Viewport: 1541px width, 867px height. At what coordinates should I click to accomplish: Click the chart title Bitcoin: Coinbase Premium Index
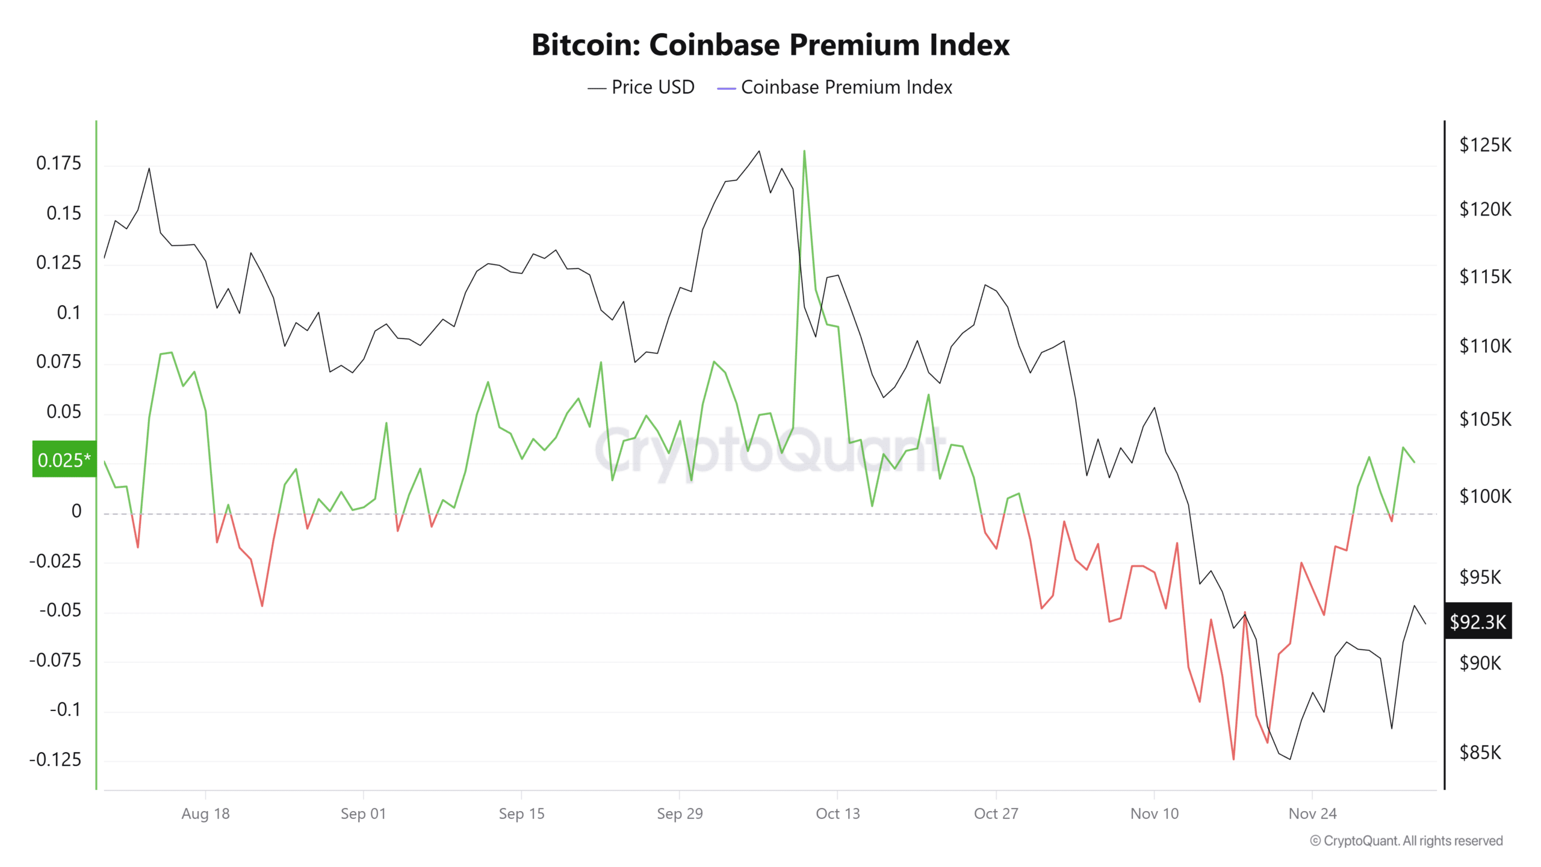click(770, 45)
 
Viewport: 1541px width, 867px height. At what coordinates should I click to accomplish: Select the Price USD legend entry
click(641, 87)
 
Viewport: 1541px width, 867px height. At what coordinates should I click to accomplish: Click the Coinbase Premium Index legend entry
click(835, 87)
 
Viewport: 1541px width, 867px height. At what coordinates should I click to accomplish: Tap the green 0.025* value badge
click(64, 460)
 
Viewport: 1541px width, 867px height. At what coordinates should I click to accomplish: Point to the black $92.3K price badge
click(1478, 621)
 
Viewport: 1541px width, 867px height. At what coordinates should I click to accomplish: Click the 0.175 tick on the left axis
click(58, 163)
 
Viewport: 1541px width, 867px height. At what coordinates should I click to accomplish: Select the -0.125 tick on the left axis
click(55, 759)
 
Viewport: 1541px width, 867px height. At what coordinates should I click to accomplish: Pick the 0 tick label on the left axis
click(76, 511)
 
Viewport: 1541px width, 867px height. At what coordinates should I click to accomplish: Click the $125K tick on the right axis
click(1485, 145)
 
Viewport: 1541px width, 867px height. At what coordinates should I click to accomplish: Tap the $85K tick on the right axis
click(1480, 753)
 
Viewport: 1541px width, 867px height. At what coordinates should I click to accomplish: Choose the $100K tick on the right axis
click(1485, 496)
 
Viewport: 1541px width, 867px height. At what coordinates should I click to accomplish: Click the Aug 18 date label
click(205, 813)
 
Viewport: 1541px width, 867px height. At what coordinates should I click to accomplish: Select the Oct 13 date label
click(837, 813)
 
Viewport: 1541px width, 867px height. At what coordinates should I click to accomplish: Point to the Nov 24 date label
click(1312, 813)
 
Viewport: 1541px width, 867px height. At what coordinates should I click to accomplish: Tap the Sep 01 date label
click(363, 813)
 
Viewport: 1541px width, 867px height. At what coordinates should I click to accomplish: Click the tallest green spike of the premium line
click(804, 151)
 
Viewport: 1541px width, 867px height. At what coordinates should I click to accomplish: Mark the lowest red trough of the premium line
click(1233, 759)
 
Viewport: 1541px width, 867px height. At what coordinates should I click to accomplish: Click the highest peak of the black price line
click(759, 151)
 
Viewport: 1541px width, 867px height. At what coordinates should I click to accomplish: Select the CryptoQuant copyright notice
click(1406, 841)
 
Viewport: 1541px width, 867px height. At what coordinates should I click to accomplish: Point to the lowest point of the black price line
click(1290, 759)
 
